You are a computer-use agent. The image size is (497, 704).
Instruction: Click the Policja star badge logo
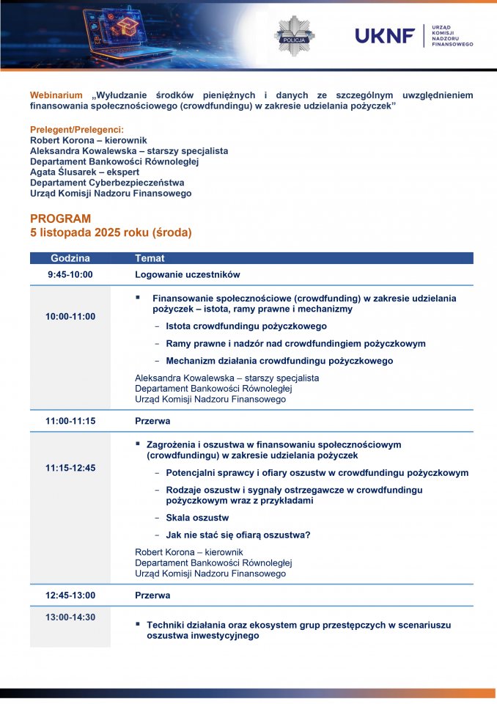(x=294, y=35)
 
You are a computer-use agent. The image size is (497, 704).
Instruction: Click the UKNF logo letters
(x=385, y=35)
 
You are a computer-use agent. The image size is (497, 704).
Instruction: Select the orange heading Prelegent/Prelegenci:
(x=76, y=129)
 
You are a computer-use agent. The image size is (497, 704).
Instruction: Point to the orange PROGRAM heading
(x=61, y=219)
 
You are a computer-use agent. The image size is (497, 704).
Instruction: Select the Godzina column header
(x=70, y=258)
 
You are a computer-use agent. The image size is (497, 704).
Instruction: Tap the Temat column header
(x=150, y=258)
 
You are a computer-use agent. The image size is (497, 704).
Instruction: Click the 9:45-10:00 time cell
(x=70, y=275)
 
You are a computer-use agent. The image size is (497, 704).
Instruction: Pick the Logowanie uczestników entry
(x=188, y=275)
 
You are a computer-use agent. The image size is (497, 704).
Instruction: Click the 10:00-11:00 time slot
(x=70, y=317)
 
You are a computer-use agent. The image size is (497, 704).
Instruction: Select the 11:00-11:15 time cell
(x=70, y=422)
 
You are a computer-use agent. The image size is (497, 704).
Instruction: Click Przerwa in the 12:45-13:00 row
(x=152, y=595)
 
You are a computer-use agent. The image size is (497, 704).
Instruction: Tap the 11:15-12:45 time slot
(x=70, y=468)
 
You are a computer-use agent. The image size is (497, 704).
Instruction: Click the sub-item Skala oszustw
(x=197, y=518)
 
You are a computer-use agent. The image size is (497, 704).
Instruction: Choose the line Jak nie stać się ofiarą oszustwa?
(x=238, y=535)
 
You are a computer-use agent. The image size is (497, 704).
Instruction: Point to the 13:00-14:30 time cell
(x=70, y=617)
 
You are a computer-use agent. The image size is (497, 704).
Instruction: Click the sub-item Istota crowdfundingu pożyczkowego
(x=246, y=326)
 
